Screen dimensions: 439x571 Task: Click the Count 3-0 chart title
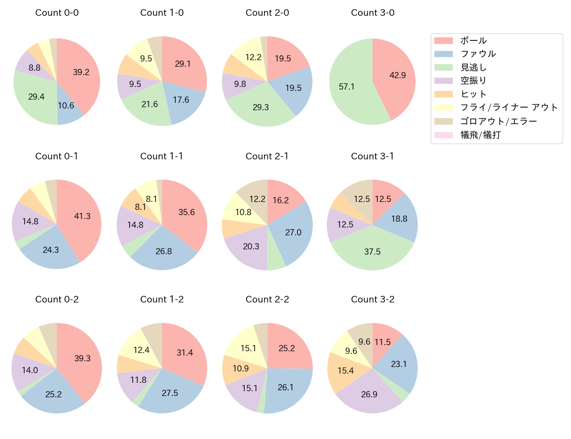372,13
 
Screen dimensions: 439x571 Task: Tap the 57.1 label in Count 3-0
347,86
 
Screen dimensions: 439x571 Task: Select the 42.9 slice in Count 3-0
397,75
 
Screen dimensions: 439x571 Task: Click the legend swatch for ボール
443,41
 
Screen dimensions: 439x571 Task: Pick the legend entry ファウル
478,54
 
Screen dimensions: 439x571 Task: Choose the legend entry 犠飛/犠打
480,135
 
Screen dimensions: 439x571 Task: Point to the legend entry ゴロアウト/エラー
499,121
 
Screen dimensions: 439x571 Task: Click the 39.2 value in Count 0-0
81,72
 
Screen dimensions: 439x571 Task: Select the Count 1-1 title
162,156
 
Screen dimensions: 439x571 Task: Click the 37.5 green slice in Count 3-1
372,251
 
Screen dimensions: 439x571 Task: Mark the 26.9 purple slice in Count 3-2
369,394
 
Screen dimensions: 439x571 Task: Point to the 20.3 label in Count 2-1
251,246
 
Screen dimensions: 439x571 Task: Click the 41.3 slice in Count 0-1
82,216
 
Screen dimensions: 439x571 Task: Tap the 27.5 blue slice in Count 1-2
170,393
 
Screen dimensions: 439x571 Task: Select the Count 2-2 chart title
267,299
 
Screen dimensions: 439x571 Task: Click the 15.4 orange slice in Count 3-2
345,371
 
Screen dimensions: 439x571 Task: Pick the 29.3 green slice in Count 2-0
260,107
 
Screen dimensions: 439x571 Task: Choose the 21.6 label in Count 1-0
150,104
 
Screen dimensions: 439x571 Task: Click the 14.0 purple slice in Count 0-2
30,370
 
